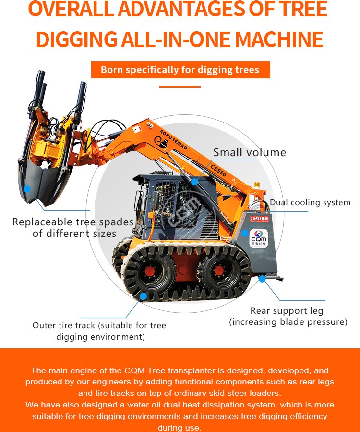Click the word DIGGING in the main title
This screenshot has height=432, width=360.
tap(76, 39)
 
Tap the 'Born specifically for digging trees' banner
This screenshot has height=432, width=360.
tap(180, 70)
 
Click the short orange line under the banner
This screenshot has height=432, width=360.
tap(180, 87)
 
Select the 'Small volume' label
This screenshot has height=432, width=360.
tap(249, 153)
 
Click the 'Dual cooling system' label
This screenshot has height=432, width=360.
tap(310, 202)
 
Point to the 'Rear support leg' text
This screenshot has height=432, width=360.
tap(287, 311)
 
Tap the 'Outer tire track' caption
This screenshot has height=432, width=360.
tap(99, 325)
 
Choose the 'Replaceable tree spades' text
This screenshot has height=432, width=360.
tap(73, 222)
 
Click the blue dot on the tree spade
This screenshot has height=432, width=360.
tap(27, 189)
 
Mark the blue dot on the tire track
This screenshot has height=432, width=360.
tap(143, 296)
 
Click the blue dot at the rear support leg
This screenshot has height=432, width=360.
tap(262, 278)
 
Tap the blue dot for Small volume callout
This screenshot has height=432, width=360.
tap(194, 182)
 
